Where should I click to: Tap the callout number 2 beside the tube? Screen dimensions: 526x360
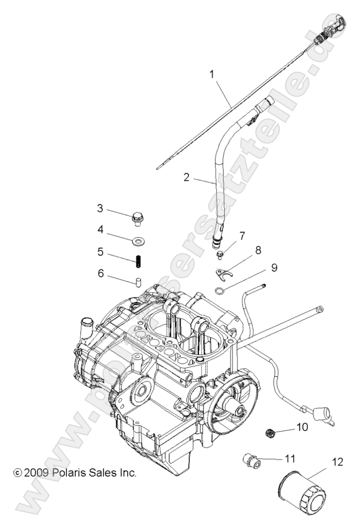tap(186, 177)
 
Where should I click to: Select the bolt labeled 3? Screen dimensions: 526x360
tap(137, 218)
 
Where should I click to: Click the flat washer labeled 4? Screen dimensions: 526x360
tap(139, 239)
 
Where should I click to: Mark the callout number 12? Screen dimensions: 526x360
tap(338, 461)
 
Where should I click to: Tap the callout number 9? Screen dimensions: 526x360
tap(274, 267)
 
